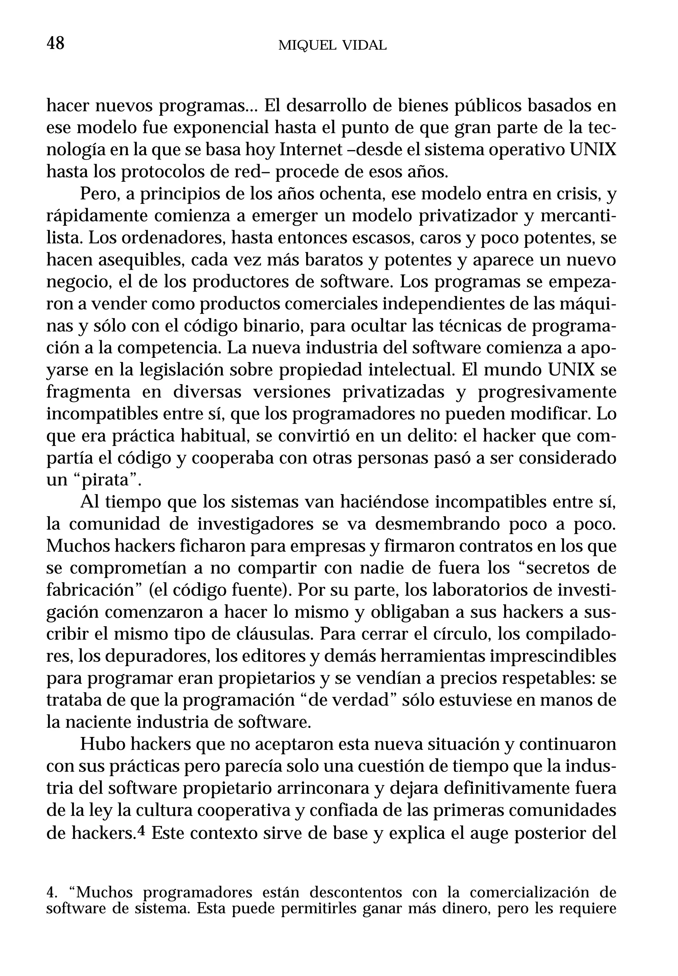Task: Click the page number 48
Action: point(55,43)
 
